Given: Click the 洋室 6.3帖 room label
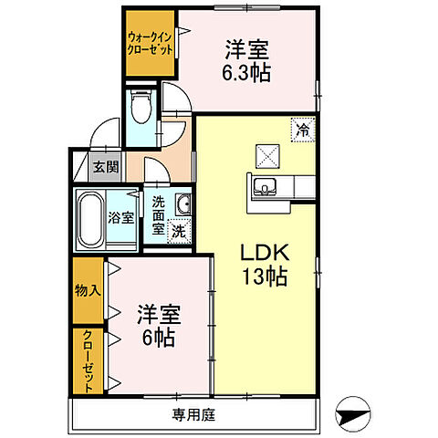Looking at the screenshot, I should (x=245, y=61).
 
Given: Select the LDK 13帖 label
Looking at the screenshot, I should (x=264, y=262).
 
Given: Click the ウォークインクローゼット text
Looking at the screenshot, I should (x=150, y=42).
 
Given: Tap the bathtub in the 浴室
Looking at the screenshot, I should (x=89, y=219).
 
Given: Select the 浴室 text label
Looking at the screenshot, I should (x=120, y=219).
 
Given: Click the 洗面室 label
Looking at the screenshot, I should (x=158, y=215).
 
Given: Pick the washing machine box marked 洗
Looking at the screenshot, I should (x=180, y=231).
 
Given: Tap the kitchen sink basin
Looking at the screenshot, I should (x=266, y=188).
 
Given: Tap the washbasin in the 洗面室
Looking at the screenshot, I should (x=183, y=203).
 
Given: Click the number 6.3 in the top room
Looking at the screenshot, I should (x=240, y=73).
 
